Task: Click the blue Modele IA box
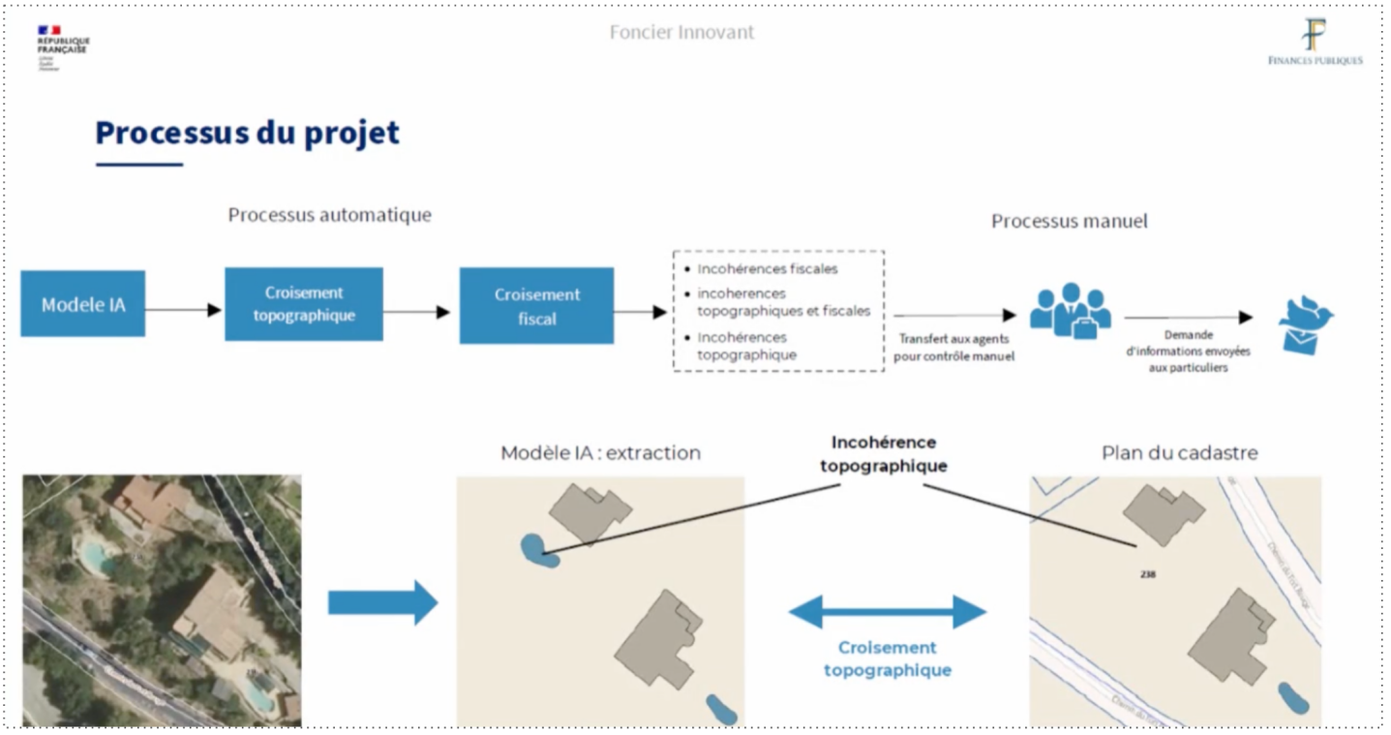pos(83,304)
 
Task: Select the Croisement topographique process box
pos(304,304)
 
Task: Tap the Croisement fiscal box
pos(536,306)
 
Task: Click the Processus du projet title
pos(247,133)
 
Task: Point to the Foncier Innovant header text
pos(681,32)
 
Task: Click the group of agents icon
pos(1070,310)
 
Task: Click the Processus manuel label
pos(1069,222)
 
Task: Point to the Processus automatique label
pos(329,215)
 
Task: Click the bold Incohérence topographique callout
pos(884,454)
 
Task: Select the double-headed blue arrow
pos(887,612)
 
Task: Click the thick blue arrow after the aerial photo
pos(382,602)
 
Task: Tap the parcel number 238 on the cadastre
pos(1148,574)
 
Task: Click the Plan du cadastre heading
pos(1179,453)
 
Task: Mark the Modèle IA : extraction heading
pos(600,453)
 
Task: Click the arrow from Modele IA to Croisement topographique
pos(184,310)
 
